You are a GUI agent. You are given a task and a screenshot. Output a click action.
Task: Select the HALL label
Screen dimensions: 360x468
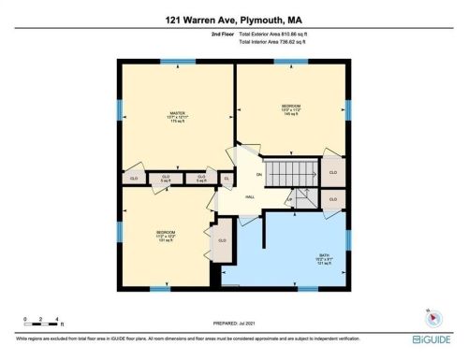[250, 197]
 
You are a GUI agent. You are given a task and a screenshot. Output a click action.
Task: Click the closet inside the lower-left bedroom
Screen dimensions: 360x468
[222, 240]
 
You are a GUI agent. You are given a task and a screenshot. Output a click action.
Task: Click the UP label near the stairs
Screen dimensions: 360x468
[289, 199]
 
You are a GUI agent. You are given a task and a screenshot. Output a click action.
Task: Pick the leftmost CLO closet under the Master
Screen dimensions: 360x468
[134, 176]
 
